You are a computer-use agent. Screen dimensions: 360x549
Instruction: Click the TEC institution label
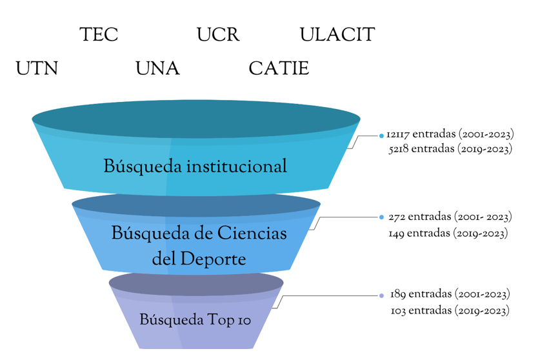(x=99, y=35)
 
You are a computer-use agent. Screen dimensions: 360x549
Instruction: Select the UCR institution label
(x=218, y=35)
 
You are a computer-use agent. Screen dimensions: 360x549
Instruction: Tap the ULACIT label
(x=337, y=35)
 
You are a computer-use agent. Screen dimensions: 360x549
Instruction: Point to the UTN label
(x=37, y=68)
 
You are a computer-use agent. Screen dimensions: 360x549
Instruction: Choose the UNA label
(x=157, y=68)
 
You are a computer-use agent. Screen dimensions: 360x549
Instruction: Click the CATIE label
(x=279, y=68)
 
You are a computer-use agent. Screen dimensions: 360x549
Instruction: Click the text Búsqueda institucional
(x=195, y=166)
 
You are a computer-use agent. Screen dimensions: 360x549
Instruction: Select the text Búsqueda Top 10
(x=195, y=320)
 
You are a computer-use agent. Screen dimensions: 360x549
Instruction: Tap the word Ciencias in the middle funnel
(x=252, y=233)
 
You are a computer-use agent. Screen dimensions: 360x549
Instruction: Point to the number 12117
(x=398, y=135)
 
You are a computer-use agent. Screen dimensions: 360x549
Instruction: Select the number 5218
(x=399, y=149)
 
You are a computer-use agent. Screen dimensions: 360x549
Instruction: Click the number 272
(x=397, y=217)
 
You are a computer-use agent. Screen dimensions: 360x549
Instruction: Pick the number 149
(x=396, y=233)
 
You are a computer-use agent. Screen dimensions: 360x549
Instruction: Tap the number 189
(x=398, y=294)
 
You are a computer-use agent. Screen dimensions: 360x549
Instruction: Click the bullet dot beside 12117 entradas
(x=382, y=135)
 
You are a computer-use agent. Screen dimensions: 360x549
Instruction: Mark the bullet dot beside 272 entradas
(x=381, y=217)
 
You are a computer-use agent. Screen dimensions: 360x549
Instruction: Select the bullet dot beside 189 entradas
(x=381, y=295)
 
